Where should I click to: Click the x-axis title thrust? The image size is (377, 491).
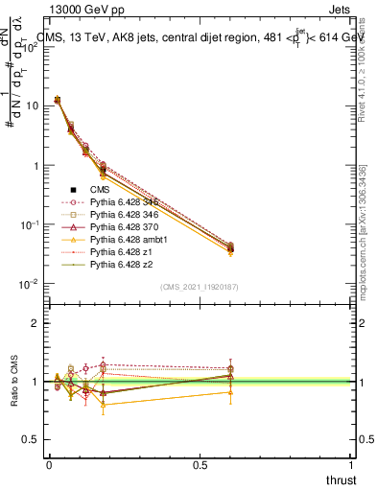341,479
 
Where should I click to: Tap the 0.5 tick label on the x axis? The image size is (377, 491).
200,464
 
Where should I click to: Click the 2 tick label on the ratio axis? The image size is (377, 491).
35,323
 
